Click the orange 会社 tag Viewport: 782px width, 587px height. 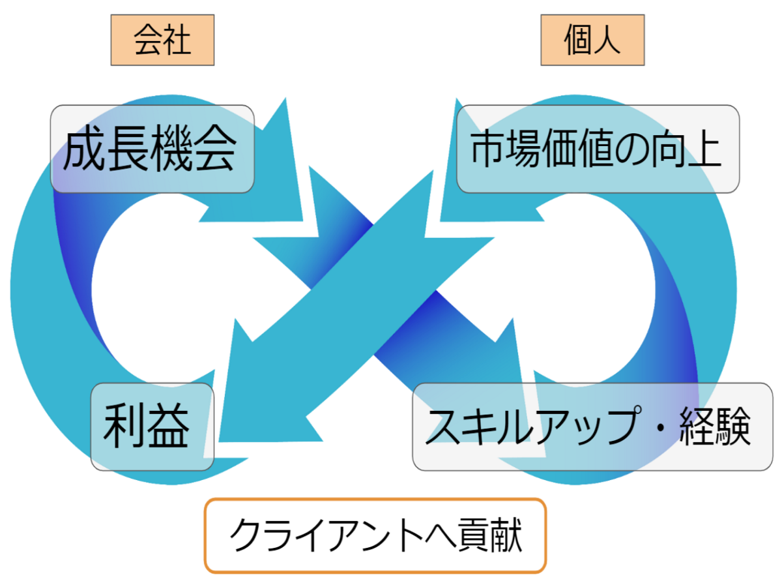click(162, 41)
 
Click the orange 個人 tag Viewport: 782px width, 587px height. click(592, 41)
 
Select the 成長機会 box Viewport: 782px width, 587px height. click(152, 149)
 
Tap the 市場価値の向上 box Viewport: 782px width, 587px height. click(597, 149)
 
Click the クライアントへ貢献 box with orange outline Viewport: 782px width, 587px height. click(375, 535)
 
